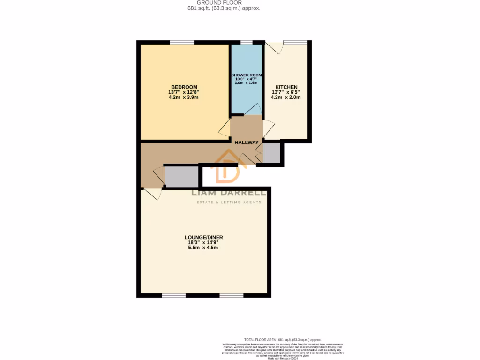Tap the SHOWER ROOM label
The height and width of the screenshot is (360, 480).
coord(246,75)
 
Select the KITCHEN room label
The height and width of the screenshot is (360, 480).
coord(286,87)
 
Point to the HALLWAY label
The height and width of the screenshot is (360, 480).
coord(247,142)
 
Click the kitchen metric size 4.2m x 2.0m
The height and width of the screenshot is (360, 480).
coord(286,97)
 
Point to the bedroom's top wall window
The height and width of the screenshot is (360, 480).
coord(182,43)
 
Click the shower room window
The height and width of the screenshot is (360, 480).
coord(246,43)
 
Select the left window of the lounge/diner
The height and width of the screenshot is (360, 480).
coord(174,295)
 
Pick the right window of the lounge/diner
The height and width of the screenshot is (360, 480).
coord(232,295)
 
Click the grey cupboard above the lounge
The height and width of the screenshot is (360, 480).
coord(181,176)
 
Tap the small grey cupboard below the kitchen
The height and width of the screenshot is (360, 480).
coord(271,152)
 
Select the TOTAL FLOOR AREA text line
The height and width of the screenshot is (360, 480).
coord(282,339)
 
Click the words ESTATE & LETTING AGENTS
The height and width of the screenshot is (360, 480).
coord(228,202)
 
